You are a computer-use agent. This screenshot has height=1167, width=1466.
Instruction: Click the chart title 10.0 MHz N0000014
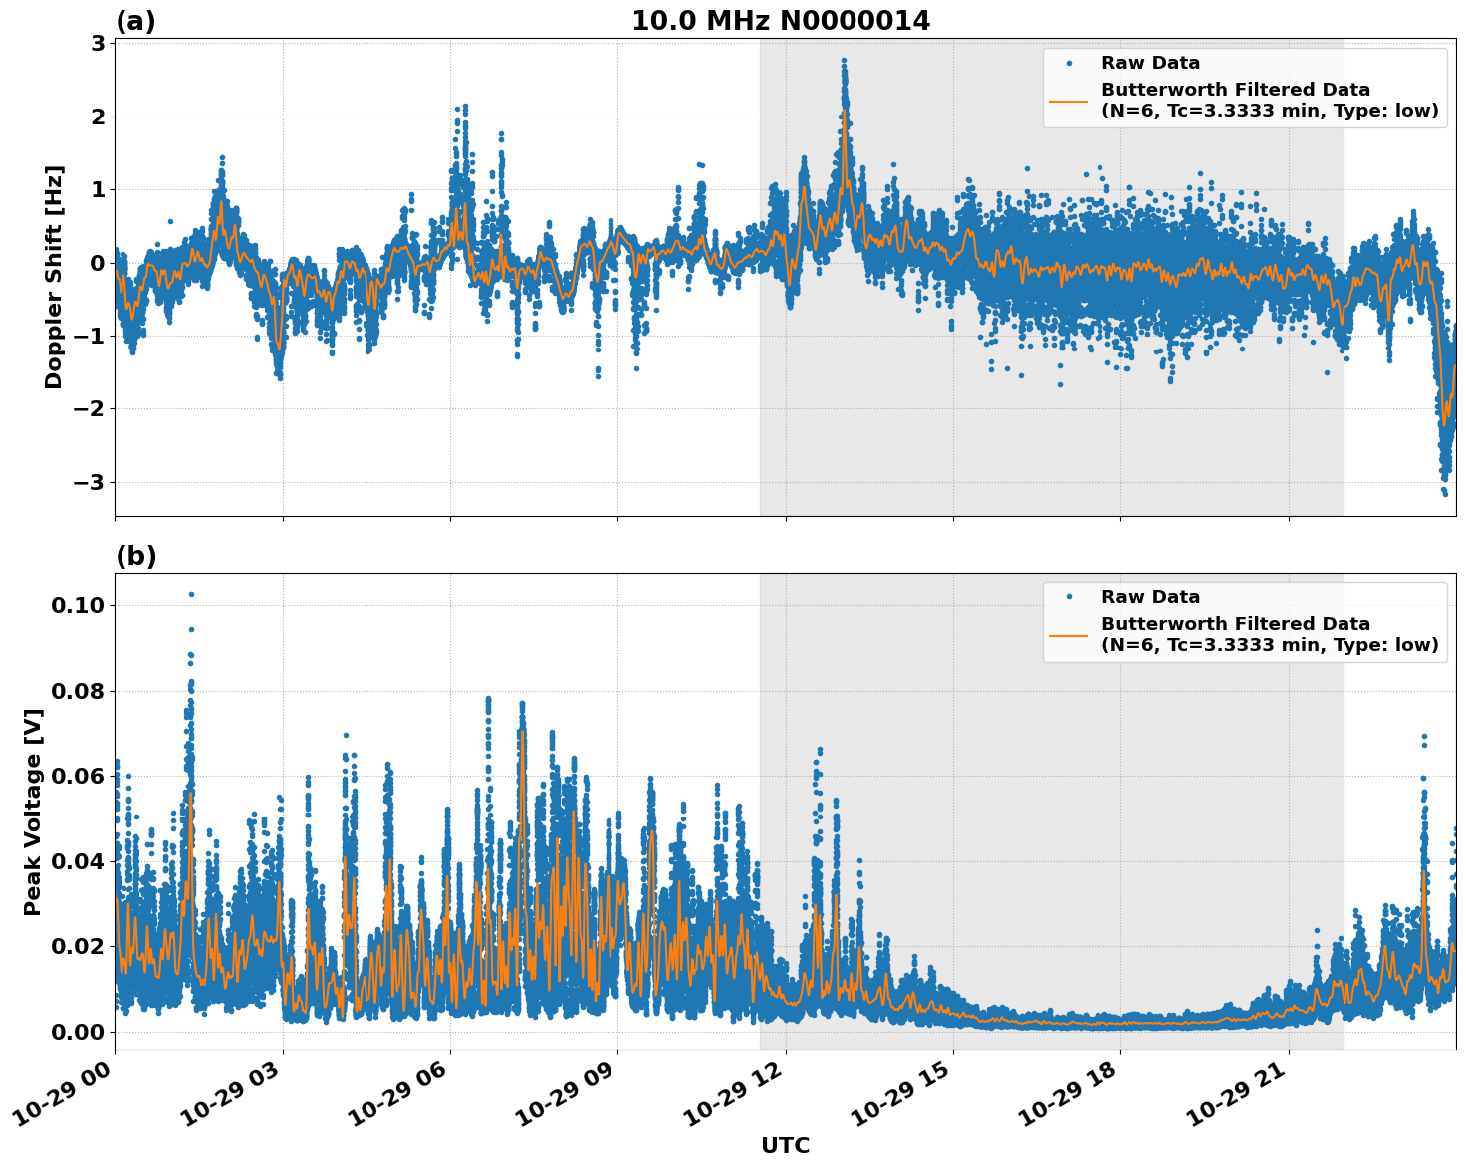pos(781,21)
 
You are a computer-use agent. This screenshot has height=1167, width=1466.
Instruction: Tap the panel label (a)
pos(135,21)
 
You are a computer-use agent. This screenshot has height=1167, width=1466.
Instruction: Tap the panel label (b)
pos(135,556)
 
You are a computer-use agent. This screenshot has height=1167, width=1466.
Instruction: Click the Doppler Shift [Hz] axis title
pos(54,277)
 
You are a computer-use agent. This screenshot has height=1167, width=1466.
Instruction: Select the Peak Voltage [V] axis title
pos(33,812)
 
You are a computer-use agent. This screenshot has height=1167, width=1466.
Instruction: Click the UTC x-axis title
pos(785,1145)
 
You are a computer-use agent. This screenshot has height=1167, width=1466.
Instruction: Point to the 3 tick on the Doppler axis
pos(98,43)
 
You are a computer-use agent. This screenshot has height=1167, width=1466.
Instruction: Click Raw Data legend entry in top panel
pos(1150,63)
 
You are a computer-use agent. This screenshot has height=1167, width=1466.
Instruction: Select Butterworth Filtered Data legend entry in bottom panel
pos(1235,634)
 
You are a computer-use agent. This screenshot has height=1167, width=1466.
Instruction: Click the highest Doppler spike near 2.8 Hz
pos(844,60)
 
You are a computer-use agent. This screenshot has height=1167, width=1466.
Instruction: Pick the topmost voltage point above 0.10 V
pos(191,594)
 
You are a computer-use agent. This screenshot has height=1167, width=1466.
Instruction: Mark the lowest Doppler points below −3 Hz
pos(1445,493)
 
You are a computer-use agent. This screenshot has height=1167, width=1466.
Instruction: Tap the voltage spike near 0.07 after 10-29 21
pos(1424,736)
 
